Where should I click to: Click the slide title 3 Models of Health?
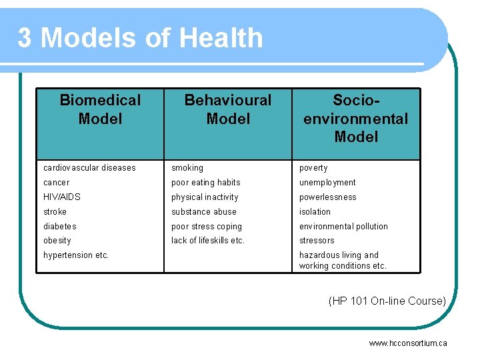(x=140, y=38)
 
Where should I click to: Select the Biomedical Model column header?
(x=100, y=109)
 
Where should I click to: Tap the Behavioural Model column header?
(x=228, y=109)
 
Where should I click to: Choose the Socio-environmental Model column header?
(x=356, y=119)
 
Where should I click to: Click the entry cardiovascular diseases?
(x=89, y=168)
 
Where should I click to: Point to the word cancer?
(x=56, y=183)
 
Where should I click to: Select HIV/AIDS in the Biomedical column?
(x=63, y=197)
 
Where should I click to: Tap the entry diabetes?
(x=60, y=227)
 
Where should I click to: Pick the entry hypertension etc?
(x=76, y=255)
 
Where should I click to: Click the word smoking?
(x=187, y=168)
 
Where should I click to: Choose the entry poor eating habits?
(x=206, y=183)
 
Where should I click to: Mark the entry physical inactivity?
(x=205, y=197)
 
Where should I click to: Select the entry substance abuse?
(x=204, y=212)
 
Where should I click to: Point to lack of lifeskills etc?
(x=208, y=241)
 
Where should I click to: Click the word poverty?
(x=313, y=168)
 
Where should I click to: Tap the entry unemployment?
(x=327, y=183)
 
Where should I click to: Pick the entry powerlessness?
(x=328, y=197)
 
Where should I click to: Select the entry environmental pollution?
(x=343, y=227)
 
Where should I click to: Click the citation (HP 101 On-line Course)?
(x=387, y=301)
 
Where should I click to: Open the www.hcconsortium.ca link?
(x=408, y=343)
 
